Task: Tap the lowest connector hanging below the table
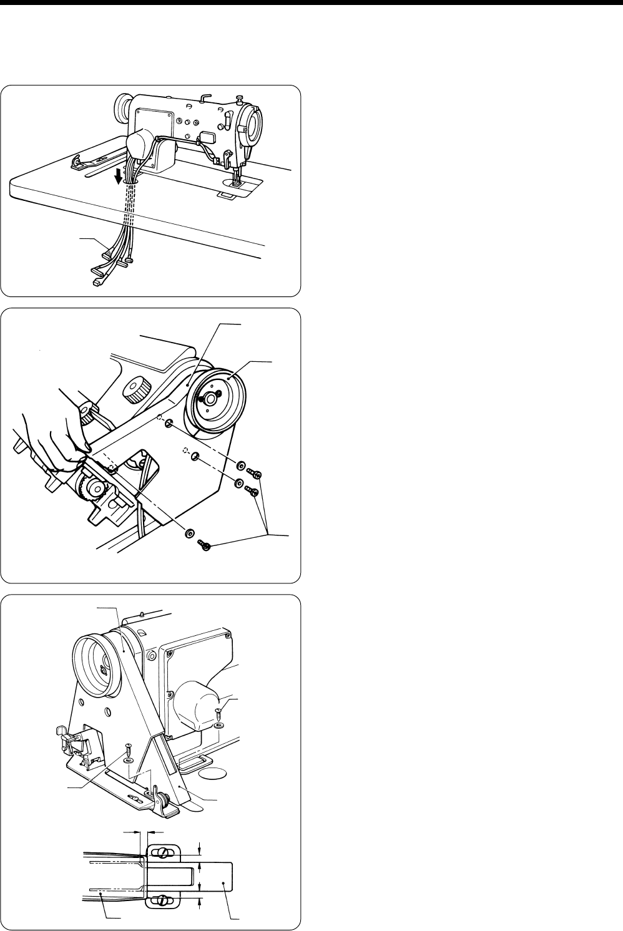[x=98, y=282]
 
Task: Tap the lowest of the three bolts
[x=204, y=546]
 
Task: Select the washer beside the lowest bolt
[x=187, y=534]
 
